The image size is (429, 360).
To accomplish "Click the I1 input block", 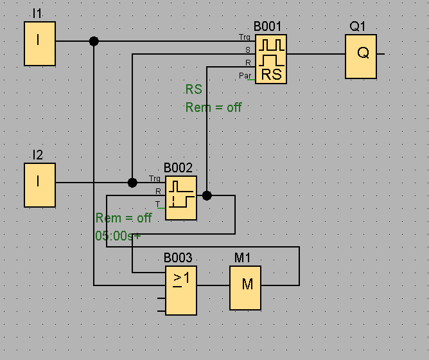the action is point(40,44).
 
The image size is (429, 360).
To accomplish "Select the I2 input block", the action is point(40,185).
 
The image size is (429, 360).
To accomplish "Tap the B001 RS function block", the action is point(271,59).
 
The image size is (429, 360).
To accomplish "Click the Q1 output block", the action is point(361,57).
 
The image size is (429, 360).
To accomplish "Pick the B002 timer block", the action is point(181,198).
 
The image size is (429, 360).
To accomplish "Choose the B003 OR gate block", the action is point(181,291).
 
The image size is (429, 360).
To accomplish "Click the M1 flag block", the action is point(245,288).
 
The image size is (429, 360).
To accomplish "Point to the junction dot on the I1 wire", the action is point(94,41).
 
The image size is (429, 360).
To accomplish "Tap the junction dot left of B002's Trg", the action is point(132,183).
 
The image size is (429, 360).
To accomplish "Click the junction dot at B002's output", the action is point(207,195).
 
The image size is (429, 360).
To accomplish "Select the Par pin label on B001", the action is point(245,76).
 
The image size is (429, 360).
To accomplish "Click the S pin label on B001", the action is point(248,50).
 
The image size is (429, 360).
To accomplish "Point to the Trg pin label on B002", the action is point(155,179).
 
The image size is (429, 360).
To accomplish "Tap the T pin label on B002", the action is point(157,204).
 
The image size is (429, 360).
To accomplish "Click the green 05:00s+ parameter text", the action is point(118,236).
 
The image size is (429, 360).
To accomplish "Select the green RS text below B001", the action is point(194,89).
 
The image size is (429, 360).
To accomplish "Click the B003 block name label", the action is point(178,258).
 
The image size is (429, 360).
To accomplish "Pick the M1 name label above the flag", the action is point(242,258).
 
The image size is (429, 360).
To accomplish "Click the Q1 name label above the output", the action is point(357,26).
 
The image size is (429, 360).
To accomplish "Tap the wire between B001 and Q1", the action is point(316,54).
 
